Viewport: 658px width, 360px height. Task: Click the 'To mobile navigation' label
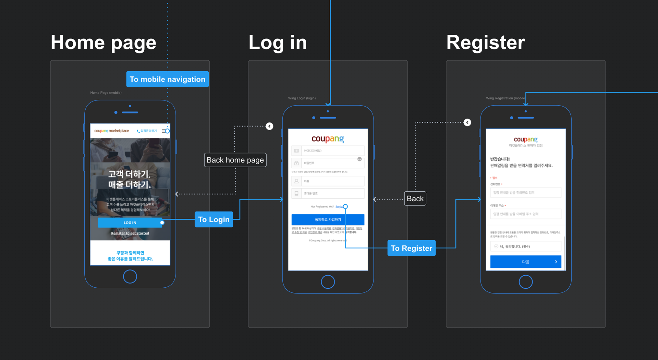click(167, 79)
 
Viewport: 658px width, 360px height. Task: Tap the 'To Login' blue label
click(214, 219)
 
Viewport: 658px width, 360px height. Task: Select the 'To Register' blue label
click(411, 248)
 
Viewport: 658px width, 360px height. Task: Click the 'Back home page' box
click(235, 160)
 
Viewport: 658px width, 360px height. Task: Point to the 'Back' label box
click(415, 199)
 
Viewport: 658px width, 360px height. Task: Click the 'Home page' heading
click(103, 43)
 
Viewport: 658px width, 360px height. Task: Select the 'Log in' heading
click(278, 43)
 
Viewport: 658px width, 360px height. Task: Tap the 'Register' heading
click(486, 43)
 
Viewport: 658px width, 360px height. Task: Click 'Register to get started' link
click(130, 233)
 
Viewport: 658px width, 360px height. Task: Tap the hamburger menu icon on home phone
click(164, 131)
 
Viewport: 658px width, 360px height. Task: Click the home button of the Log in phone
click(328, 282)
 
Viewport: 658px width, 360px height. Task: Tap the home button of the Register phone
click(525, 282)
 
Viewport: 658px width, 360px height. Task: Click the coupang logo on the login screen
click(328, 139)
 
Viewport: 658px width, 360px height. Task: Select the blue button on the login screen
click(328, 219)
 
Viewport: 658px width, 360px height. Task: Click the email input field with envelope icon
click(328, 151)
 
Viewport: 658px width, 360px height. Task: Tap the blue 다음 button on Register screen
click(525, 262)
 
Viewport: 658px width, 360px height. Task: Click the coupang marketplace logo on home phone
click(111, 131)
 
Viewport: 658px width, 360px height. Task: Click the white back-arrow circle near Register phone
click(467, 122)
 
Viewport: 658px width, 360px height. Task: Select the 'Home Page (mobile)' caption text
click(106, 93)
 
